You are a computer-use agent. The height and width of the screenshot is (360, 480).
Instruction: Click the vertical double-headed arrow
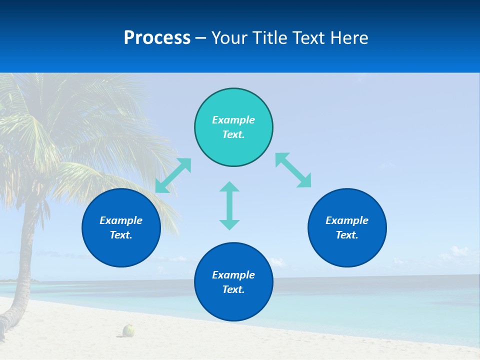[229, 205]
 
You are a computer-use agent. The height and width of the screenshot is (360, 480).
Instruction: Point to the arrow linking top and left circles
[173, 175]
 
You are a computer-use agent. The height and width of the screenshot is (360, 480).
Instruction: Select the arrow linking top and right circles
[293, 170]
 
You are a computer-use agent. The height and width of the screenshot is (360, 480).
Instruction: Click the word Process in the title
[157, 38]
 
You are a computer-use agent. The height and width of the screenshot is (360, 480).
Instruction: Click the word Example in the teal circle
[233, 120]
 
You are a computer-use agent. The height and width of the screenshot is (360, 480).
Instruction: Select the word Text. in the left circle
[121, 235]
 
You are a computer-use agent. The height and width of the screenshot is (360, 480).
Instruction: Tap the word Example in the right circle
[347, 220]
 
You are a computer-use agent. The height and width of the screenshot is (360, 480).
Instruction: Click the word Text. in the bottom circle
[233, 289]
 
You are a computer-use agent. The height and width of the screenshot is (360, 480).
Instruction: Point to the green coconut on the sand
[129, 330]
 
